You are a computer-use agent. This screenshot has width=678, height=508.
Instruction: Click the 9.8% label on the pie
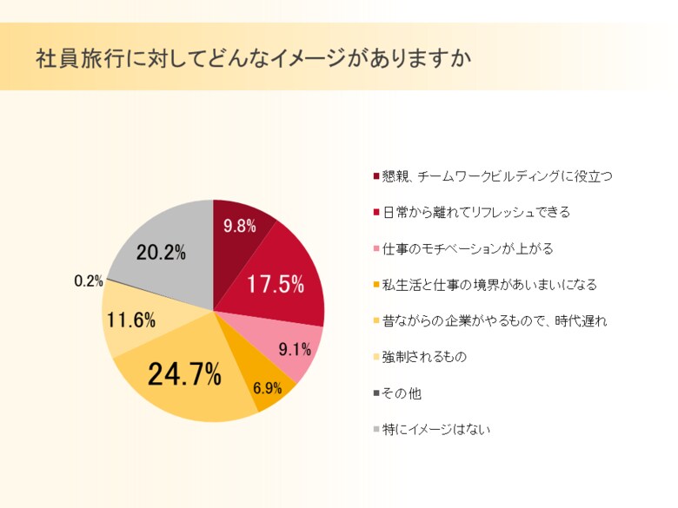(239, 227)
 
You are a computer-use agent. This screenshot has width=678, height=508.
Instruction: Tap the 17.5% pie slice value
(275, 284)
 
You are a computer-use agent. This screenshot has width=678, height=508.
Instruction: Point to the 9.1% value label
(295, 351)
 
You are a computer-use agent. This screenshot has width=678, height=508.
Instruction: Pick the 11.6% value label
(131, 320)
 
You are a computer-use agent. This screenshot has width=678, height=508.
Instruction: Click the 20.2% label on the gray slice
(161, 253)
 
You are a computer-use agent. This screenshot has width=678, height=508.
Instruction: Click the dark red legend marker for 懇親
(376, 176)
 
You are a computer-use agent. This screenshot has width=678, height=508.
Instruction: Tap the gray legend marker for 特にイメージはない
(376, 430)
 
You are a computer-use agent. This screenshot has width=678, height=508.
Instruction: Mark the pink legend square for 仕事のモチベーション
(376, 249)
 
